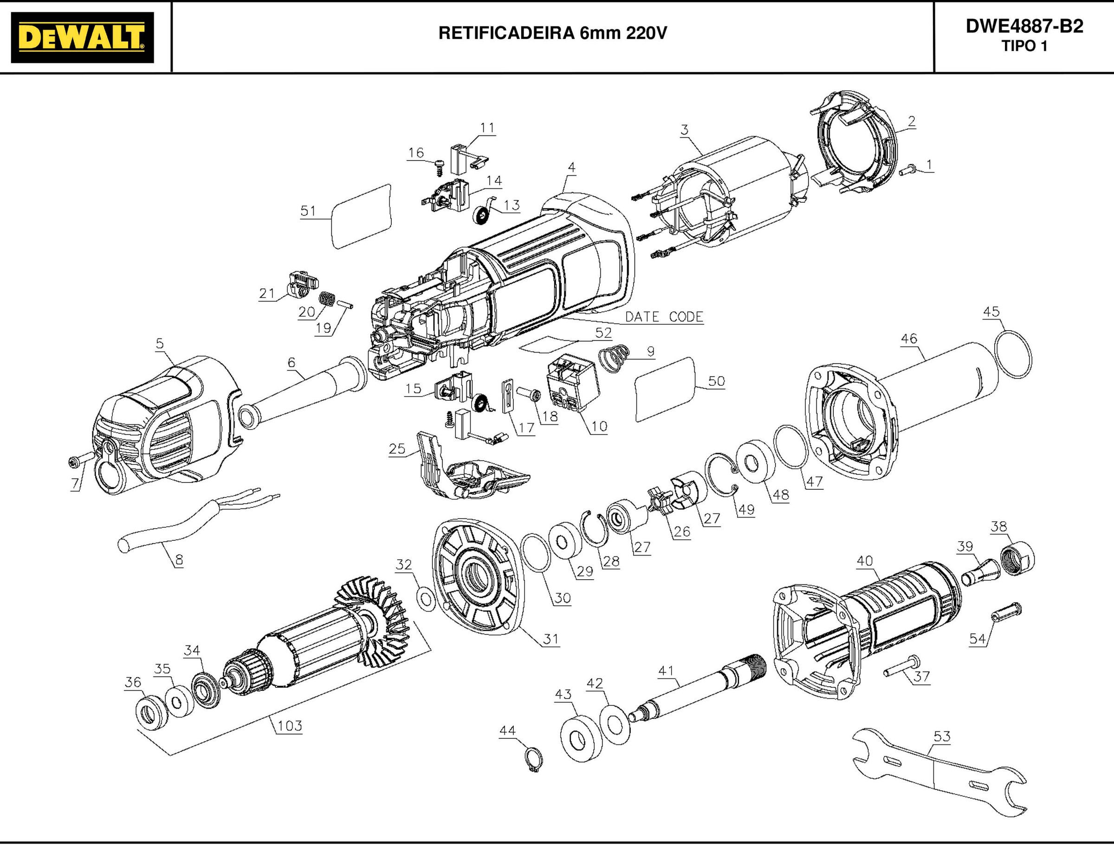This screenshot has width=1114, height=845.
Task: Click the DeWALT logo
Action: (82, 37)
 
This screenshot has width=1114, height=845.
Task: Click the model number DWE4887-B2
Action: (1024, 26)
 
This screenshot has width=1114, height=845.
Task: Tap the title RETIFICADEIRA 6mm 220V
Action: (552, 33)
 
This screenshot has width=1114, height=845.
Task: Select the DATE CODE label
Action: (664, 317)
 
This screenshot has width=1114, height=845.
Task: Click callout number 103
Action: (290, 726)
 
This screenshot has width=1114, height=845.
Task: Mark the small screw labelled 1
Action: (906, 170)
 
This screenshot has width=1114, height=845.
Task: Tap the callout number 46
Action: (908, 339)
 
